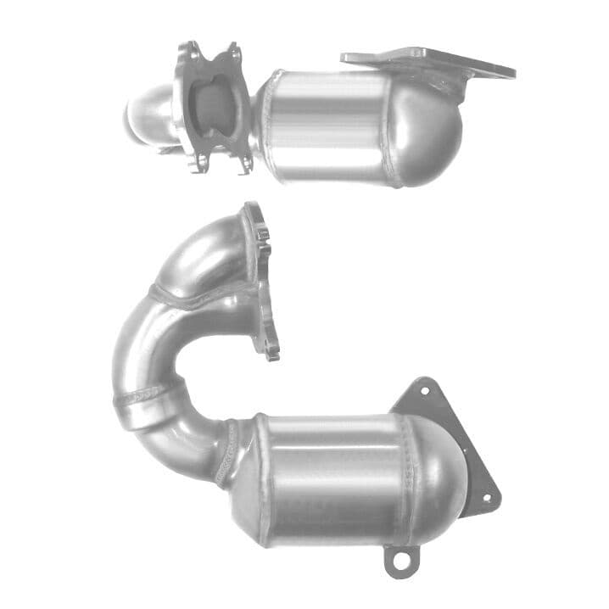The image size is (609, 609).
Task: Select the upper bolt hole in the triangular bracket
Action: click(422, 390)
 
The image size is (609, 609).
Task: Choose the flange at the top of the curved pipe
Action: click(260, 280)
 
